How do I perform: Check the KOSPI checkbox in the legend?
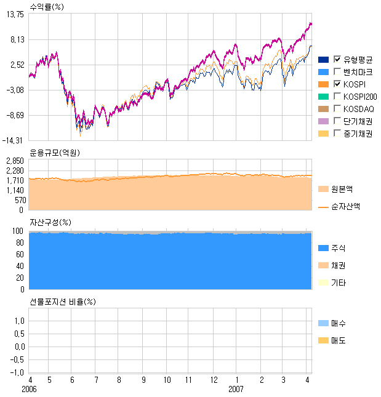[x=337, y=84]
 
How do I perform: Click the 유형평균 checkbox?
[x=337, y=59]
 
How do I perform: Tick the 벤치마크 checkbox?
[x=337, y=71]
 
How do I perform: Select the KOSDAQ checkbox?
[x=337, y=108]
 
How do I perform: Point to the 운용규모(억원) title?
[x=55, y=153]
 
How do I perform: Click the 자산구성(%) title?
[x=50, y=222]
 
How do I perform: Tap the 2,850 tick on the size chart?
[x=15, y=161]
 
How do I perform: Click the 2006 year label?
[x=30, y=390]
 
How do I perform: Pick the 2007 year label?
[x=236, y=390]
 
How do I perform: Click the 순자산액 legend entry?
[x=345, y=206]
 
